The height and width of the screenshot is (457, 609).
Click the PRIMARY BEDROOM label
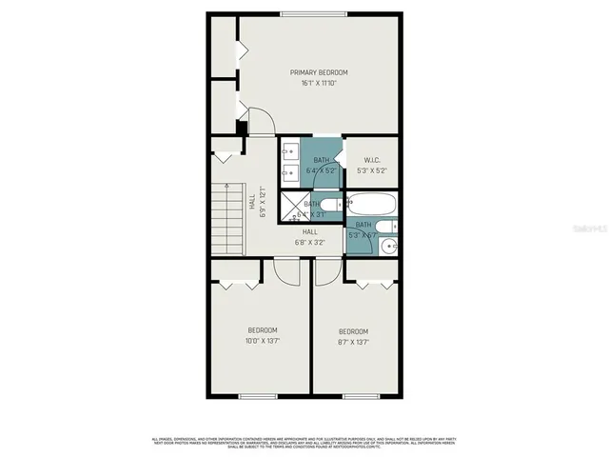pyautogui.click(x=319, y=72)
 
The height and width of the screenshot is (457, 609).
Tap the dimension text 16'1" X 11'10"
pyautogui.click(x=319, y=84)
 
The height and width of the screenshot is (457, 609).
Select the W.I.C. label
pyautogui.click(x=371, y=160)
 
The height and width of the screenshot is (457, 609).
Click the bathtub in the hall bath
pyautogui.click(x=371, y=202)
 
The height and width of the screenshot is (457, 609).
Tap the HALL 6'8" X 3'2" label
pyautogui.click(x=309, y=237)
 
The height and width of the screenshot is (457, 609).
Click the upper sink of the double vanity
pyautogui.click(x=288, y=150)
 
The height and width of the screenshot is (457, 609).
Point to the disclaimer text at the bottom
pyautogui.click(x=304, y=443)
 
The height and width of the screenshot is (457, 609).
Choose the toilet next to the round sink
pyautogui.click(x=393, y=227)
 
